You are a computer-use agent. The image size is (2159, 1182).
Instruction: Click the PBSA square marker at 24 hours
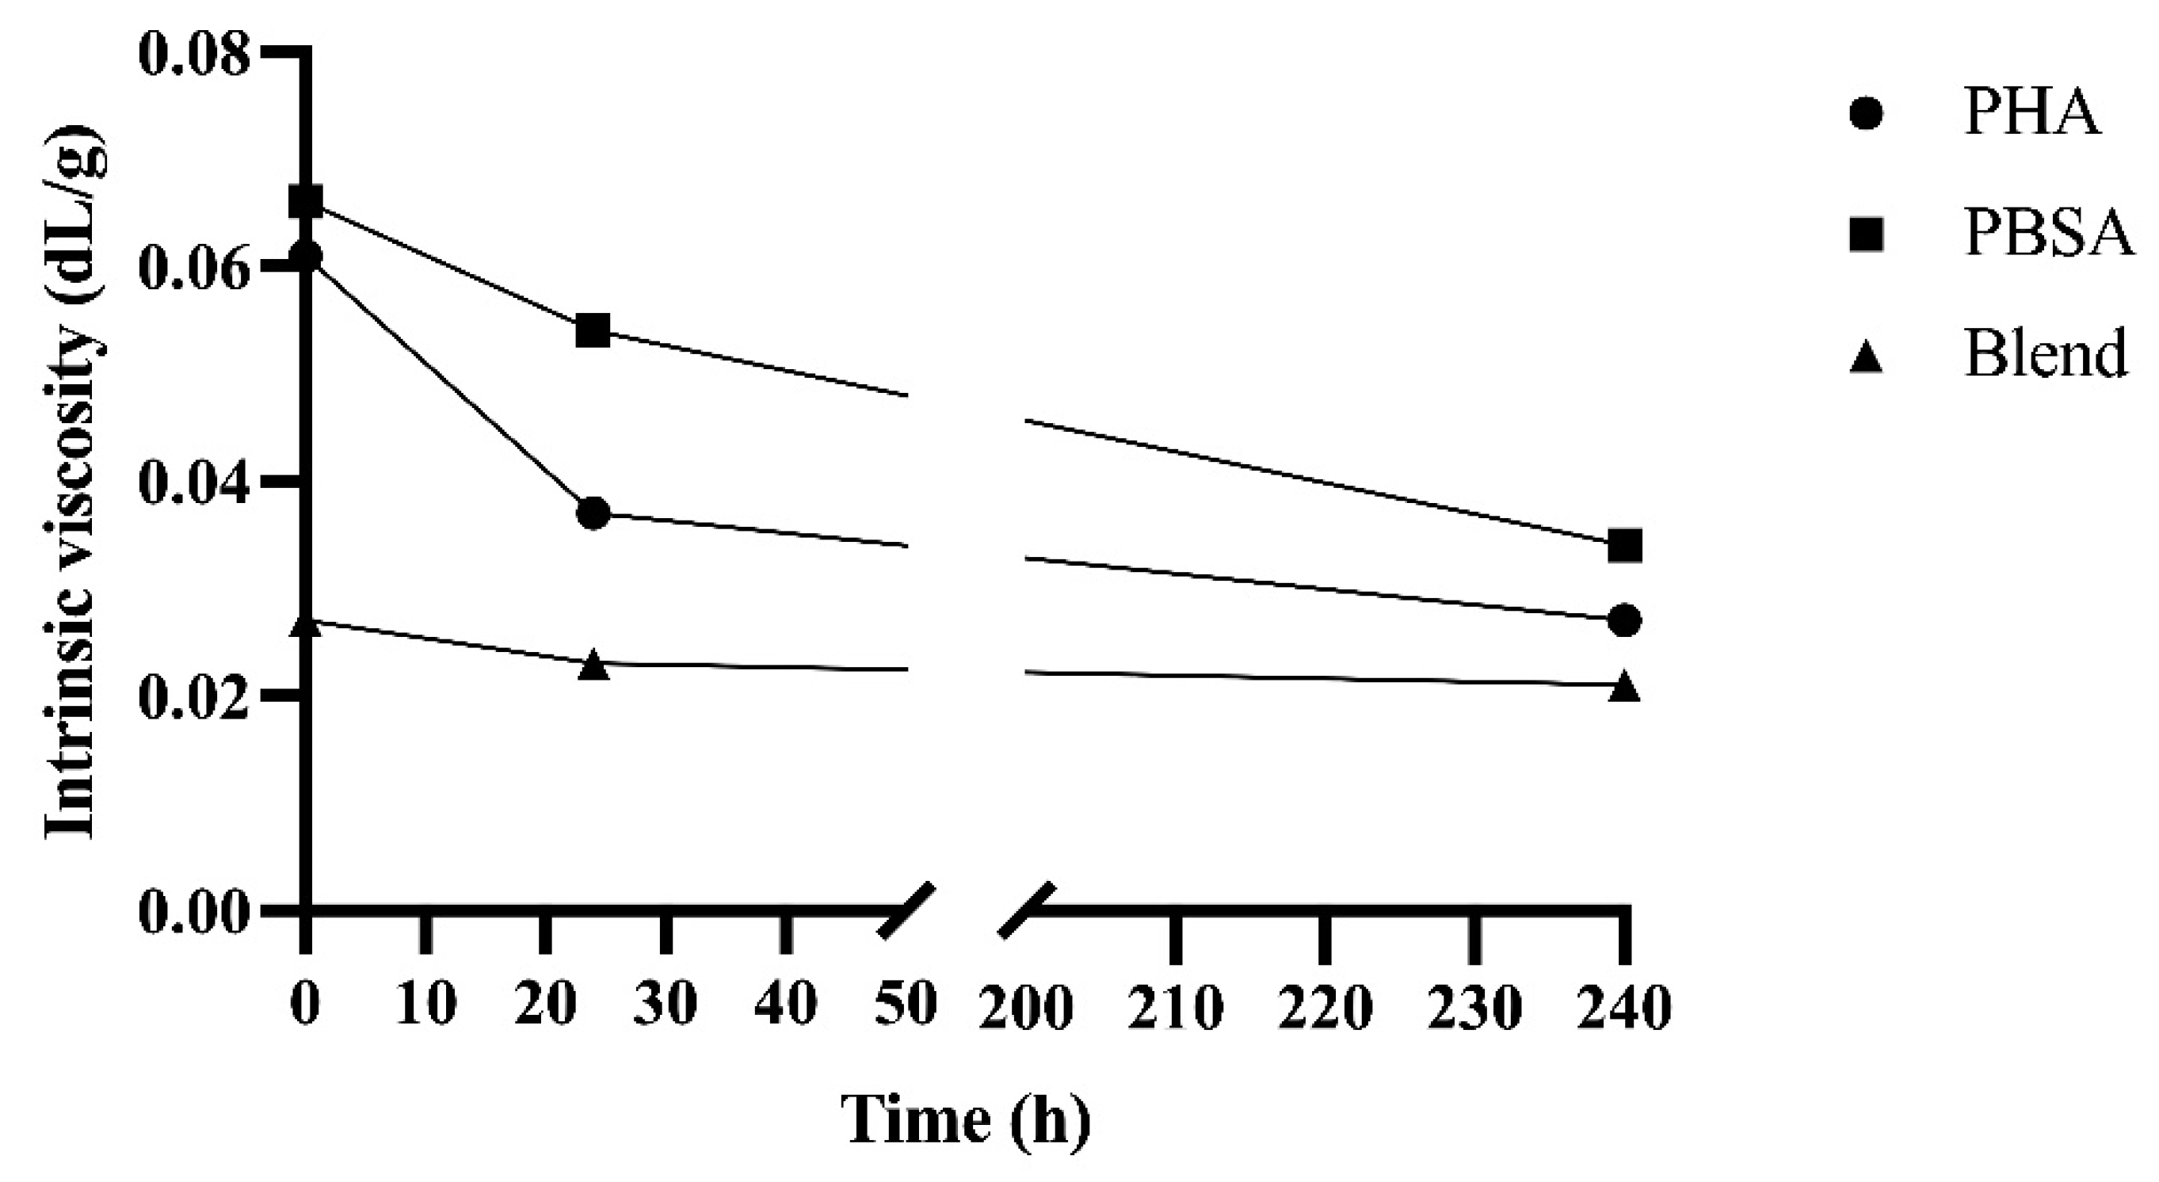point(593,332)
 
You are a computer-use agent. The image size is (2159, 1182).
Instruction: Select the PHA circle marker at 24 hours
point(593,513)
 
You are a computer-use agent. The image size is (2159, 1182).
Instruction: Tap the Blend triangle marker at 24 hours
point(593,665)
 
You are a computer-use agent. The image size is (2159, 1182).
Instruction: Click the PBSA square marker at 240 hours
point(1625,547)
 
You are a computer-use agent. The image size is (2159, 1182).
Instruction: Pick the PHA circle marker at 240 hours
point(1625,620)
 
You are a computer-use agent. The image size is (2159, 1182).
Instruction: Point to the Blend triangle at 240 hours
point(1625,686)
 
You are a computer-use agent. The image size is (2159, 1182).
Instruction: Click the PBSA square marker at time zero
point(306,202)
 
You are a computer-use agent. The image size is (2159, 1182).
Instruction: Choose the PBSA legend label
point(2049,234)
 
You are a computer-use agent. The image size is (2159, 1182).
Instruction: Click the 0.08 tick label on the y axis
point(194,56)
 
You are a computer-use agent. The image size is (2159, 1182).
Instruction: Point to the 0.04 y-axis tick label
point(194,484)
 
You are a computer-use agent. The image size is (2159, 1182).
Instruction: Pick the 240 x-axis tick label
point(1625,1006)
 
